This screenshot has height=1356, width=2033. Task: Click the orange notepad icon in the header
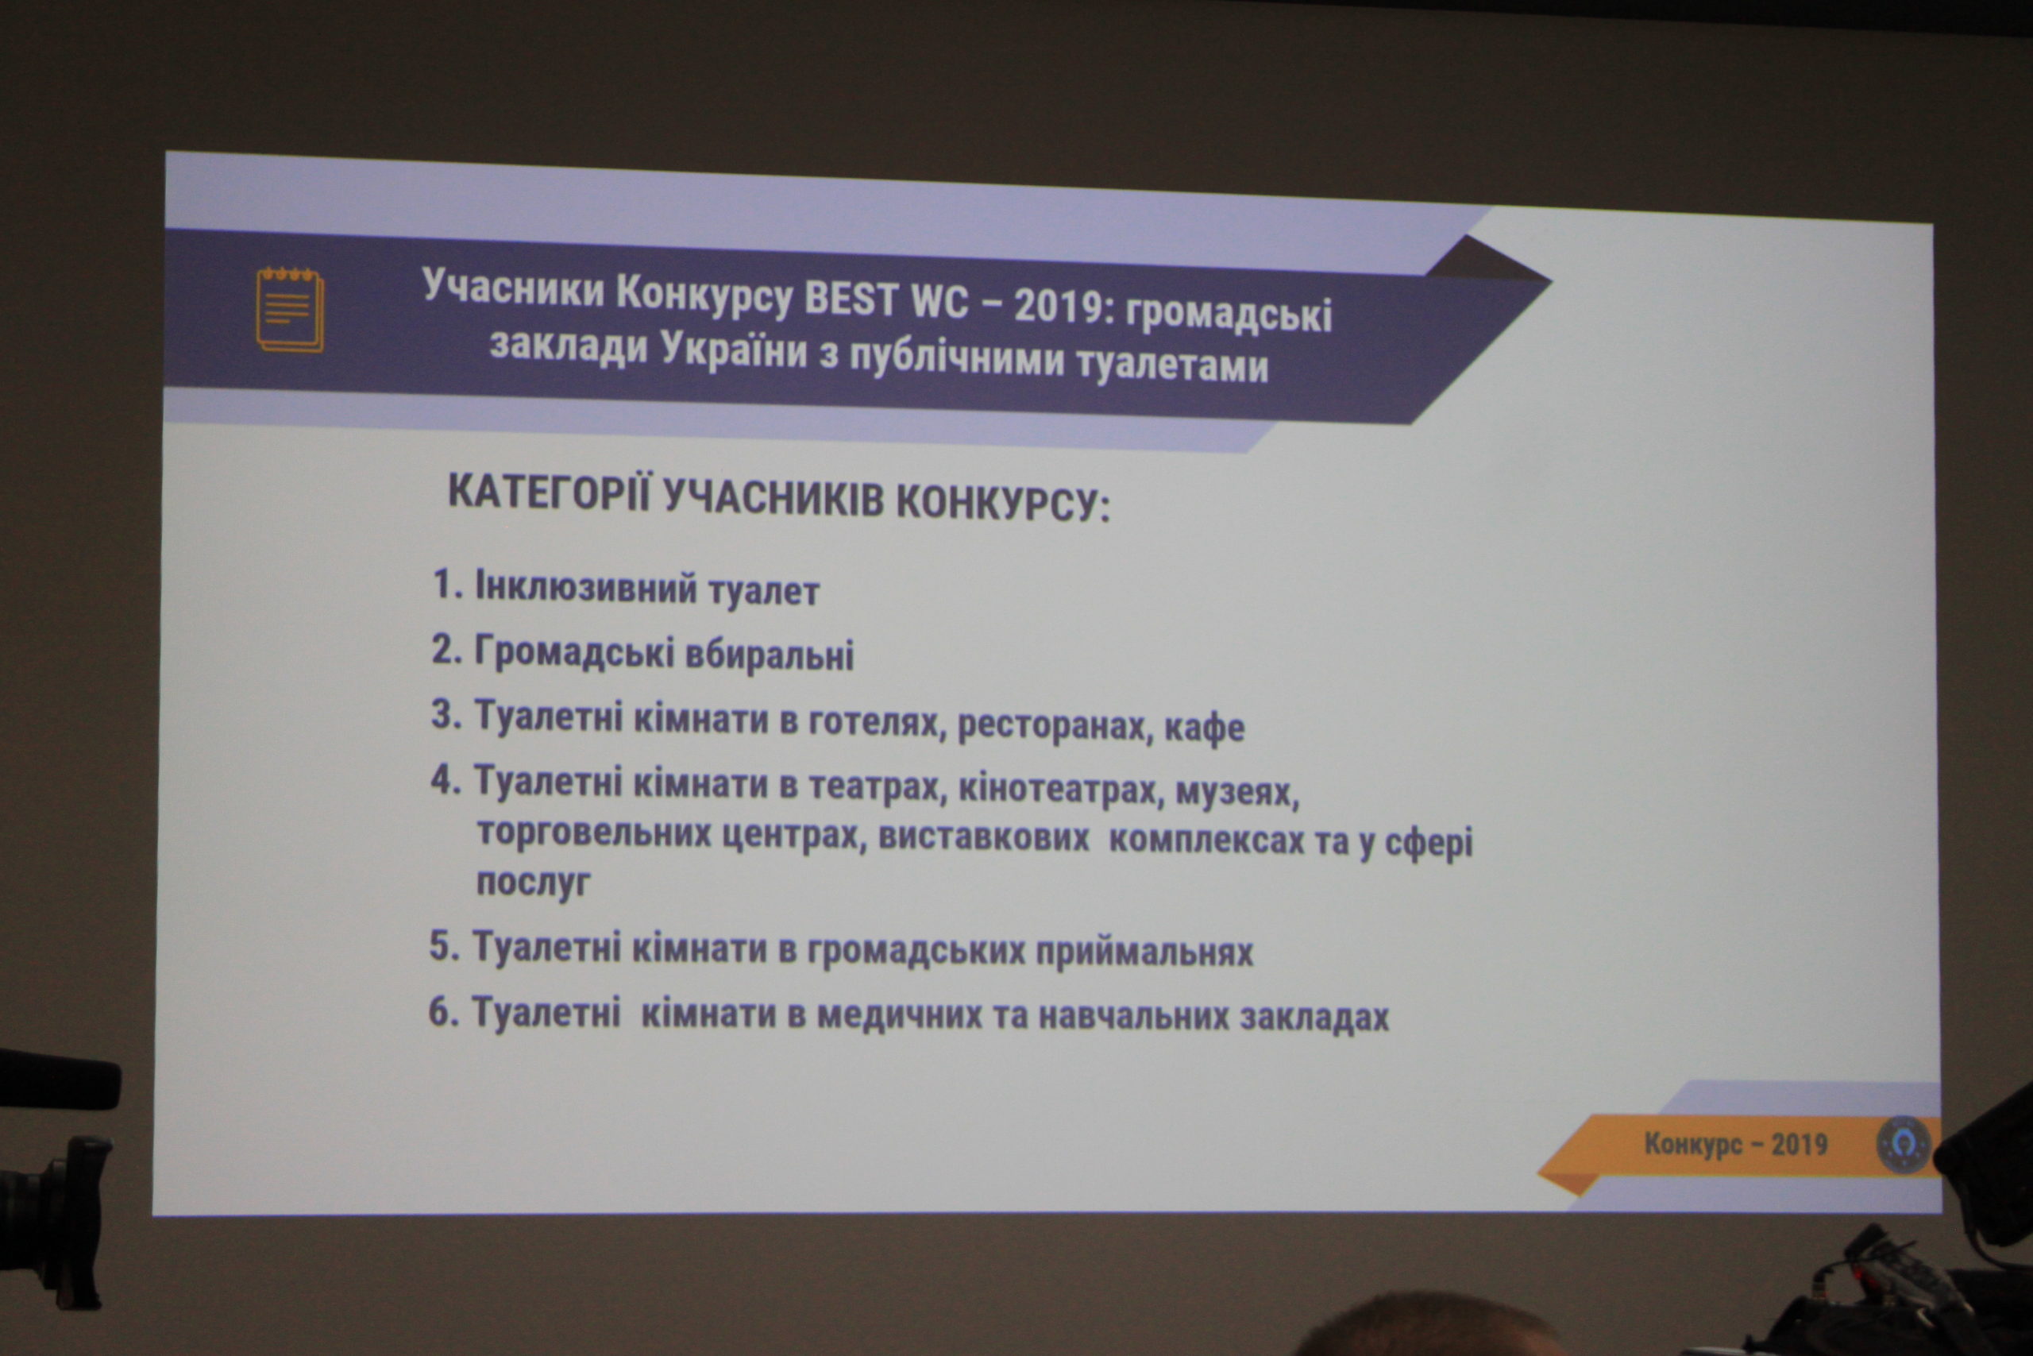(x=291, y=310)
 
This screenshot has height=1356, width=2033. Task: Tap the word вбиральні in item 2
(x=770, y=655)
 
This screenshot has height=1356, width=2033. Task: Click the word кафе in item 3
(x=1204, y=728)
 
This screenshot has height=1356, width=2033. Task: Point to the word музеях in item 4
(x=1237, y=792)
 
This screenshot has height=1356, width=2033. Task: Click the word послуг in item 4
(x=534, y=882)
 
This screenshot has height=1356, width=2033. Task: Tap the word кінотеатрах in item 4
(x=1058, y=789)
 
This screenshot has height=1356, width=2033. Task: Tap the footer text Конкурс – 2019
(x=1736, y=1144)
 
